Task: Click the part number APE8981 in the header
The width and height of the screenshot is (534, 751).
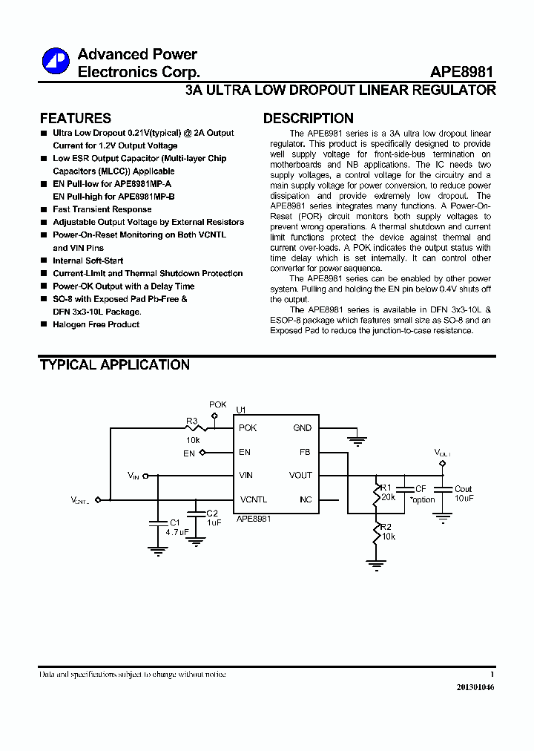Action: pos(462,73)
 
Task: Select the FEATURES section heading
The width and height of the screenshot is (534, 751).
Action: pos(75,118)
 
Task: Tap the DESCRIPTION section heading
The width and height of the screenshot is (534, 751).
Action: pos(308,118)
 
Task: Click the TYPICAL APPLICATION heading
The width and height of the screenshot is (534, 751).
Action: pos(114,364)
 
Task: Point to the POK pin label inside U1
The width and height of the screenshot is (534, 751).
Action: pos(248,428)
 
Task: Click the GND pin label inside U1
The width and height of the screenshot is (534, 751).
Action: pos(303,428)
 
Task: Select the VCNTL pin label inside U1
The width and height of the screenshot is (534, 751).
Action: pos(253,499)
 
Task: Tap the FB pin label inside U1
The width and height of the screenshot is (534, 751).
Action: pos(305,452)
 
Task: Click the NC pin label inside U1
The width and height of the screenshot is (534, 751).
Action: pos(306,499)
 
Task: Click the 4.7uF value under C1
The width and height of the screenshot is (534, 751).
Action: pos(177,532)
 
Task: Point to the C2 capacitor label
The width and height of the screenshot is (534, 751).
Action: pos(212,513)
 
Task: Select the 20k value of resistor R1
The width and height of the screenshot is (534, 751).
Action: pos(389,497)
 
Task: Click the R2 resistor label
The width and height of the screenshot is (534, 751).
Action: pos(386,527)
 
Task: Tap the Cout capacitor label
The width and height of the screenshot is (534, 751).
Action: pos(463,489)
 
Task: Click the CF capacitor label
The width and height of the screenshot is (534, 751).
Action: pos(421,489)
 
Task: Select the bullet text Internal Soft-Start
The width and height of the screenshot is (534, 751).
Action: pos(88,260)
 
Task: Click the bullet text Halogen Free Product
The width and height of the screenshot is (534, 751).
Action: pos(96,324)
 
